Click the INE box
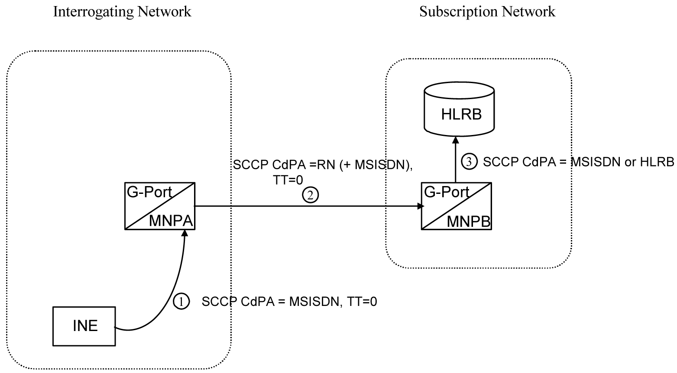(x=84, y=326)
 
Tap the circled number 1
(x=181, y=302)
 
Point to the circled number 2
(x=310, y=196)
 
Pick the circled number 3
(x=469, y=162)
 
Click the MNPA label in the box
(x=171, y=221)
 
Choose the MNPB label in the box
(x=469, y=222)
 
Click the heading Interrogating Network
(x=122, y=12)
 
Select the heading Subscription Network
(x=487, y=12)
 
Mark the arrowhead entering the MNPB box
(x=420, y=206)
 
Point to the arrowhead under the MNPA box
(x=185, y=233)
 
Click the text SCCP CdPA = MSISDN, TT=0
(x=289, y=302)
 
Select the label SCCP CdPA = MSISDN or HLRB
(x=578, y=162)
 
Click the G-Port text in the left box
(x=149, y=192)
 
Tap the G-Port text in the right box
(x=447, y=192)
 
